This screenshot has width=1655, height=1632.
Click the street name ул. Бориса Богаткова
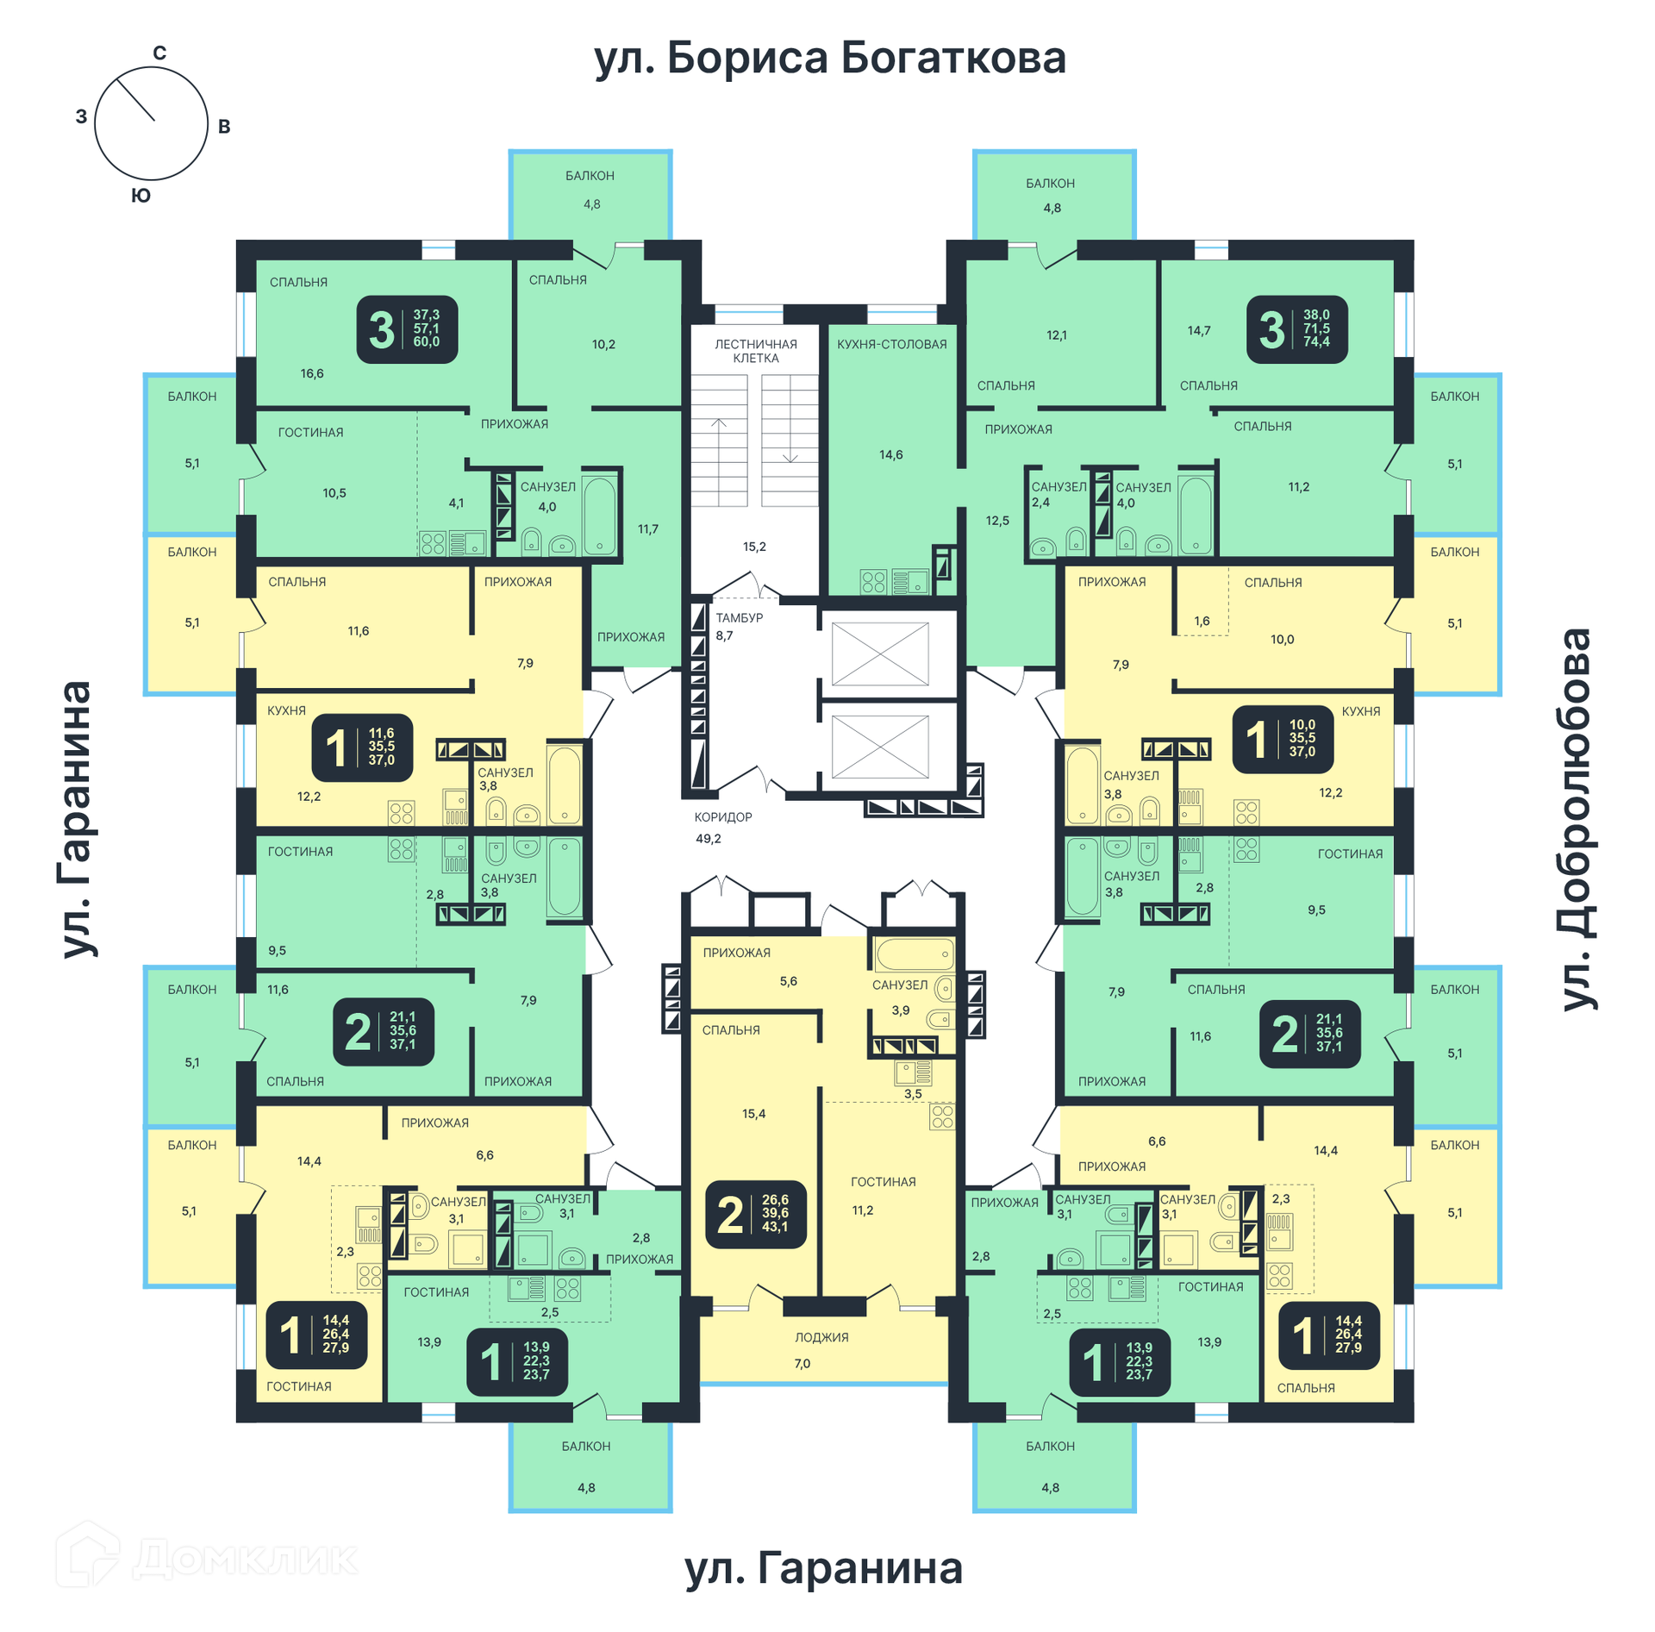point(829,59)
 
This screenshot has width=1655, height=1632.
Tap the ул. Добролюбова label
point(1577,818)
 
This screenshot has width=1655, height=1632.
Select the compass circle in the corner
point(151,123)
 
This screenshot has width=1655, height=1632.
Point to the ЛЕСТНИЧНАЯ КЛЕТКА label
point(756,351)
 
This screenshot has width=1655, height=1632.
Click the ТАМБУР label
point(740,617)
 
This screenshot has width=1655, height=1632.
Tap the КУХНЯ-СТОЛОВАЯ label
point(891,344)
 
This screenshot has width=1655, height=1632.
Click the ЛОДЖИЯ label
point(821,1337)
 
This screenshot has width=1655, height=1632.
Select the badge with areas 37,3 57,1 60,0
point(407,329)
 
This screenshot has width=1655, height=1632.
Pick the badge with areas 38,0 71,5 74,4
point(1296,329)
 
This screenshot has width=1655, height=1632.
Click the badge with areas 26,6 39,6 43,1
point(756,1214)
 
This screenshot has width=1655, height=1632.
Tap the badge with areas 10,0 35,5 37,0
point(1283,739)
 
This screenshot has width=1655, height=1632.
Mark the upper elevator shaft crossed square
point(880,654)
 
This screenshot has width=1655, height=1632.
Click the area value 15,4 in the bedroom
point(753,1114)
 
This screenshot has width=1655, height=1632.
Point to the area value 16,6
point(312,373)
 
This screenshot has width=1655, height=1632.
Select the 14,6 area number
point(891,454)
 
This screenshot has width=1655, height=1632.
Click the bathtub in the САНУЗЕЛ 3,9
point(915,954)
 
